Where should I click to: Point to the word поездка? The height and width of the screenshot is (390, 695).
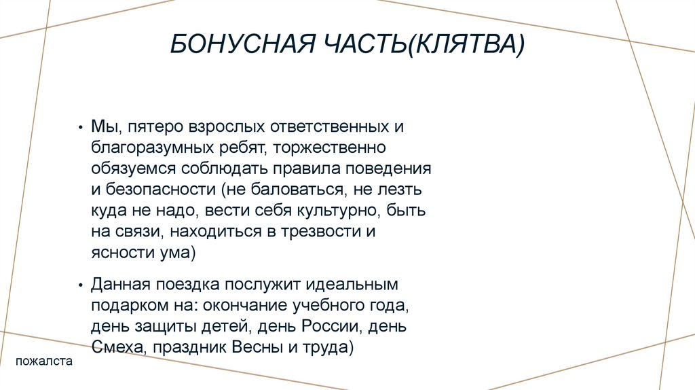tap(186, 283)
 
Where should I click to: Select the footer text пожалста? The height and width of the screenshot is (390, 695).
tap(44, 362)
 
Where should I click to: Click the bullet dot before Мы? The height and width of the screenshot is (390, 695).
tap(81, 128)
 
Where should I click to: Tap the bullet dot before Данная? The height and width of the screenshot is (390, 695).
tap(81, 283)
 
